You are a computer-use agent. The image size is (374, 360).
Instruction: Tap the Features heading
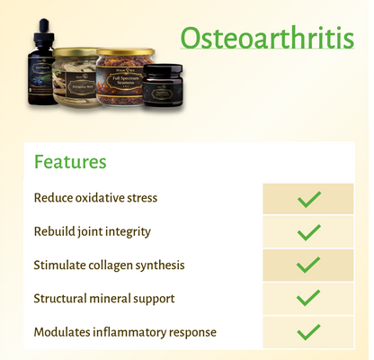coord(70,162)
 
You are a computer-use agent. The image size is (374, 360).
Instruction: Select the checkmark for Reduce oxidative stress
coord(308,199)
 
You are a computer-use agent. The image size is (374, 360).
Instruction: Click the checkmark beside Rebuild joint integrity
coord(308,232)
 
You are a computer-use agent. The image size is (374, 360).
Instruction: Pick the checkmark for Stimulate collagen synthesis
coord(308,265)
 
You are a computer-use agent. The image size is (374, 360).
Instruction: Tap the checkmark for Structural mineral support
coord(308,298)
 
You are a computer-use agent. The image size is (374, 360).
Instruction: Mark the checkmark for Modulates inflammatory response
coord(308,332)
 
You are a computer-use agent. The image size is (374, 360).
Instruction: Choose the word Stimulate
coord(59,265)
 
